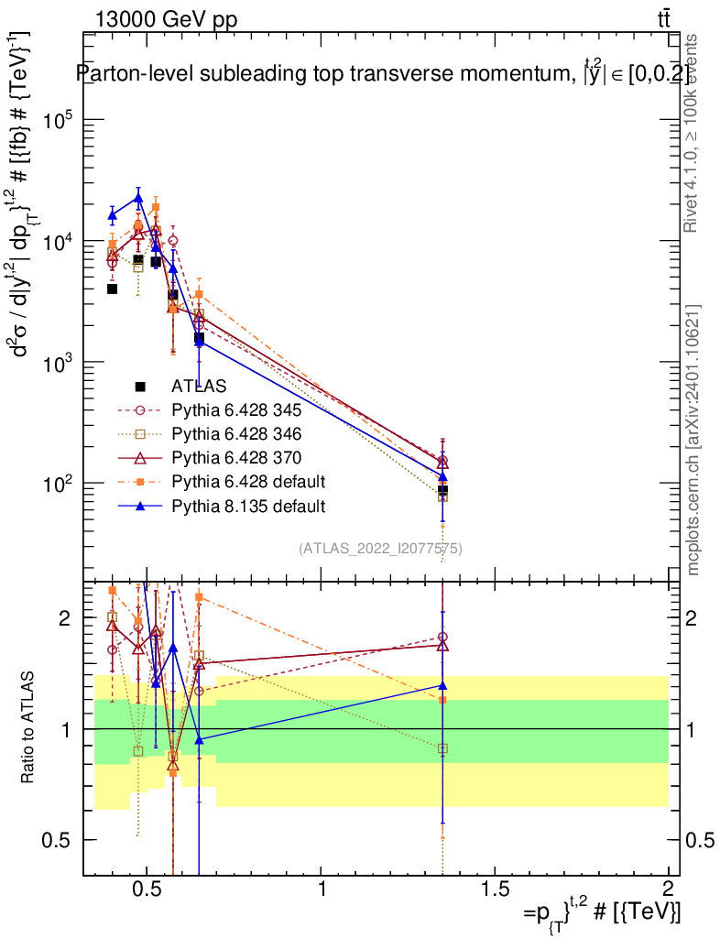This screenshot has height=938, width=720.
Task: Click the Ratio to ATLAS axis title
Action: point(27,727)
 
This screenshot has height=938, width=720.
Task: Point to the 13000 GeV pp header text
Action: point(166,20)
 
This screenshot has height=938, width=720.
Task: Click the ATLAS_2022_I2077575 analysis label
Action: point(380,548)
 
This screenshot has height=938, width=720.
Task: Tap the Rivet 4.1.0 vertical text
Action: point(691,133)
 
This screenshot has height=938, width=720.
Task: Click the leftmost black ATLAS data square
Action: point(112,289)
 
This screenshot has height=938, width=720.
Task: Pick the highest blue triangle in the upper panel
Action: point(138,198)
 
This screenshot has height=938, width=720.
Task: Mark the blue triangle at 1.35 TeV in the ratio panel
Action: point(442,685)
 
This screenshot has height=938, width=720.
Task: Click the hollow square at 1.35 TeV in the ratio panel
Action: point(442,748)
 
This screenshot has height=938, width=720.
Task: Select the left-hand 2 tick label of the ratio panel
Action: point(65,617)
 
